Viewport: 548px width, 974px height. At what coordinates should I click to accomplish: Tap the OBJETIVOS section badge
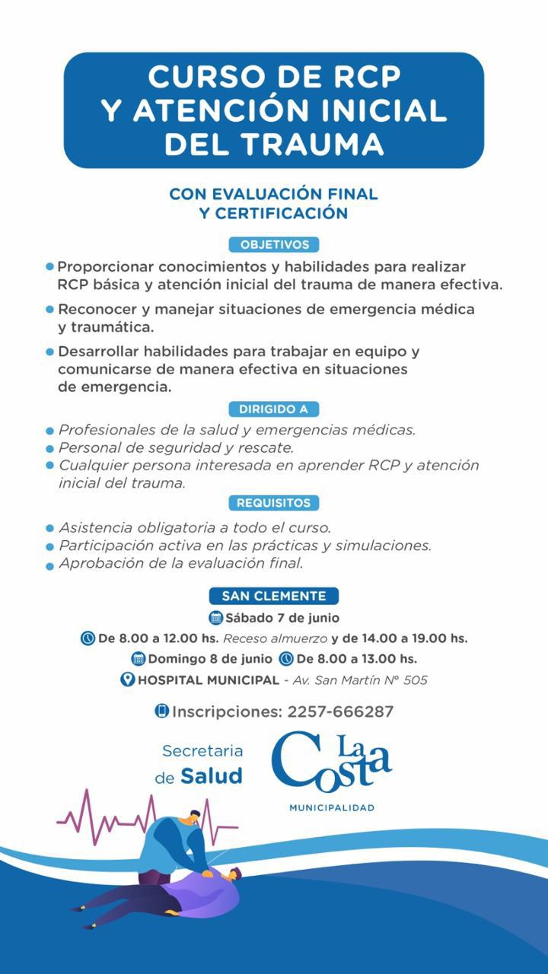(x=274, y=245)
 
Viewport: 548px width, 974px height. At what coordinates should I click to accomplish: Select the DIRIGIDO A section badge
(x=273, y=409)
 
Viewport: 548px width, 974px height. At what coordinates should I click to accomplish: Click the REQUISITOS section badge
(x=273, y=503)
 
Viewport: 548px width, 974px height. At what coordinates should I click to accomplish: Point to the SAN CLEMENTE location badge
(x=274, y=597)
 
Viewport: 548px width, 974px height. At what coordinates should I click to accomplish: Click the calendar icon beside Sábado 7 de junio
(x=215, y=618)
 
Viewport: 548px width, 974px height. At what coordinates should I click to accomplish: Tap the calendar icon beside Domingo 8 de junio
(x=139, y=659)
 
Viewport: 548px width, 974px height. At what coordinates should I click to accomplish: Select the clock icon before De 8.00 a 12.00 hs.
(x=88, y=638)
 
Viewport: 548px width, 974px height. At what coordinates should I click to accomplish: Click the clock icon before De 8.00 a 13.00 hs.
(x=286, y=659)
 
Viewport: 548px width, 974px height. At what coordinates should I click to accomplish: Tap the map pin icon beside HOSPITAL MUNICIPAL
(x=127, y=680)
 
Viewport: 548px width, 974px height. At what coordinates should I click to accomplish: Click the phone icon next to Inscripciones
(x=161, y=711)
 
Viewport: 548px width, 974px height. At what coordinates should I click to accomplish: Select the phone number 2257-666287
(x=340, y=712)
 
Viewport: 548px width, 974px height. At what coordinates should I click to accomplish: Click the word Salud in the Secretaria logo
(x=212, y=776)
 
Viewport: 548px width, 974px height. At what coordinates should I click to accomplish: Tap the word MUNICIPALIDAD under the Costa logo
(x=332, y=807)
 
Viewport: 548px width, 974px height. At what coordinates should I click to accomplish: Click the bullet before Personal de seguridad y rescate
(x=49, y=449)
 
